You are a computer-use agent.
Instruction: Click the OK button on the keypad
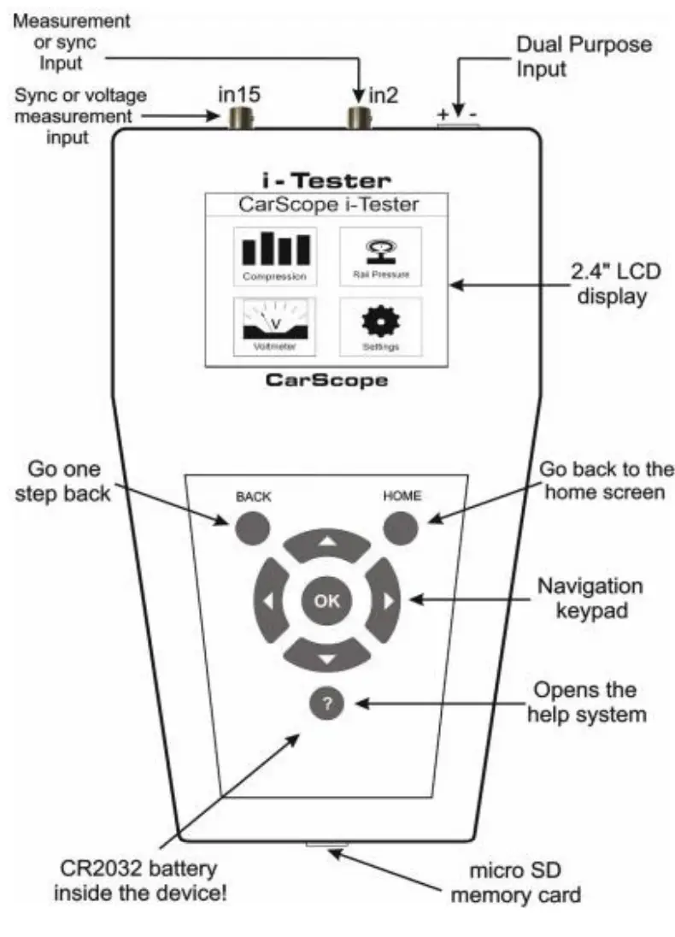click(x=326, y=600)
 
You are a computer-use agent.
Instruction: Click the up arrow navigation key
click(x=326, y=543)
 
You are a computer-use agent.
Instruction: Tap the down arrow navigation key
click(x=326, y=657)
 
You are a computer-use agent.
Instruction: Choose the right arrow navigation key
click(x=386, y=600)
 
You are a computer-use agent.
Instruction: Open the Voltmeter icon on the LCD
click(x=274, y=326)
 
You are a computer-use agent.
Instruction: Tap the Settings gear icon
click(x=381, y=326)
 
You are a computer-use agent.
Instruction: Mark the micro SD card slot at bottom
click(x=325, y=847)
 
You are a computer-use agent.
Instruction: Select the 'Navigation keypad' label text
click(x=590, y=599)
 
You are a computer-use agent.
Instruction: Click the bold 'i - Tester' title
click(x=326, y=180)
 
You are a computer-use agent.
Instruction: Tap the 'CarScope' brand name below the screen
click(x=326, y=380)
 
